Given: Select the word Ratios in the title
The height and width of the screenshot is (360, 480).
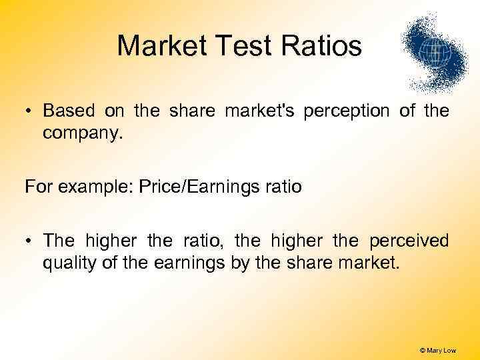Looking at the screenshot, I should (x=323, y=47).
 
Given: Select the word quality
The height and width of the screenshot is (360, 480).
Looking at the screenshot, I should (x=67, y=263).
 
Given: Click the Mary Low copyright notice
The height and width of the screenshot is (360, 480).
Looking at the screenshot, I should (x=438, y=350).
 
